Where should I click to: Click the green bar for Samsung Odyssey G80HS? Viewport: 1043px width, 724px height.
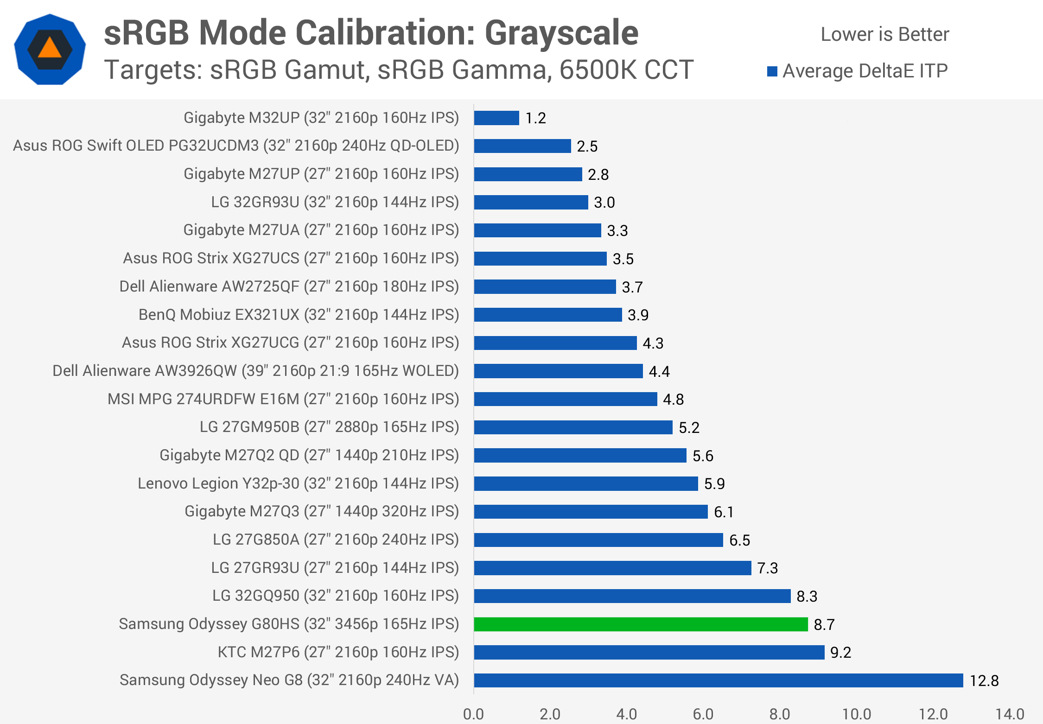pos(641,624)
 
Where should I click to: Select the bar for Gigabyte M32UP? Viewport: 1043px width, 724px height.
pos(496,118)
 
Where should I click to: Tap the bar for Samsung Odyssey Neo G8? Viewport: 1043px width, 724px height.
pos(719,680)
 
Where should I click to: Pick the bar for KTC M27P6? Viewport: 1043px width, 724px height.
pos(649,652)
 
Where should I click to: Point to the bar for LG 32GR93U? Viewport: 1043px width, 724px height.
pos(531,202)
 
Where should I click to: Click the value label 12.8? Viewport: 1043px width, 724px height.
pos(984,680)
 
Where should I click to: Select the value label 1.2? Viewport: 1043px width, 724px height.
pos(535,118)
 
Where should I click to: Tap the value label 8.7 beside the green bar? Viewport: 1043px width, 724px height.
pos(824,624)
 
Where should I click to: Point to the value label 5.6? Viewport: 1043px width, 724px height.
pos(703,456)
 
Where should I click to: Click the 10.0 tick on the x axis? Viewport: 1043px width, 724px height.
pos(857,714)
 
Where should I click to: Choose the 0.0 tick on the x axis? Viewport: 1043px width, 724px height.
pos(473,714)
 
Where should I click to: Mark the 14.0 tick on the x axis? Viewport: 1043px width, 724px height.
pos(1010,714)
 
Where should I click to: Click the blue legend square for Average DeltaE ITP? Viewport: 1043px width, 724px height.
pos(772,71)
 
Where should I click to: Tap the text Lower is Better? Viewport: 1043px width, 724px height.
pos(884,34)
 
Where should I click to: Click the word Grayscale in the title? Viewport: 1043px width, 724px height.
pos(561,33)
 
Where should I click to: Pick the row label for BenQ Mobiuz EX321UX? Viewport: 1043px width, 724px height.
pos(299,315)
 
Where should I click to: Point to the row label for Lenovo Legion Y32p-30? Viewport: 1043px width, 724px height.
pos(298,483)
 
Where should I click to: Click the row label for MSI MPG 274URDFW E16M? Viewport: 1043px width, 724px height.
pos(283,399)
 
